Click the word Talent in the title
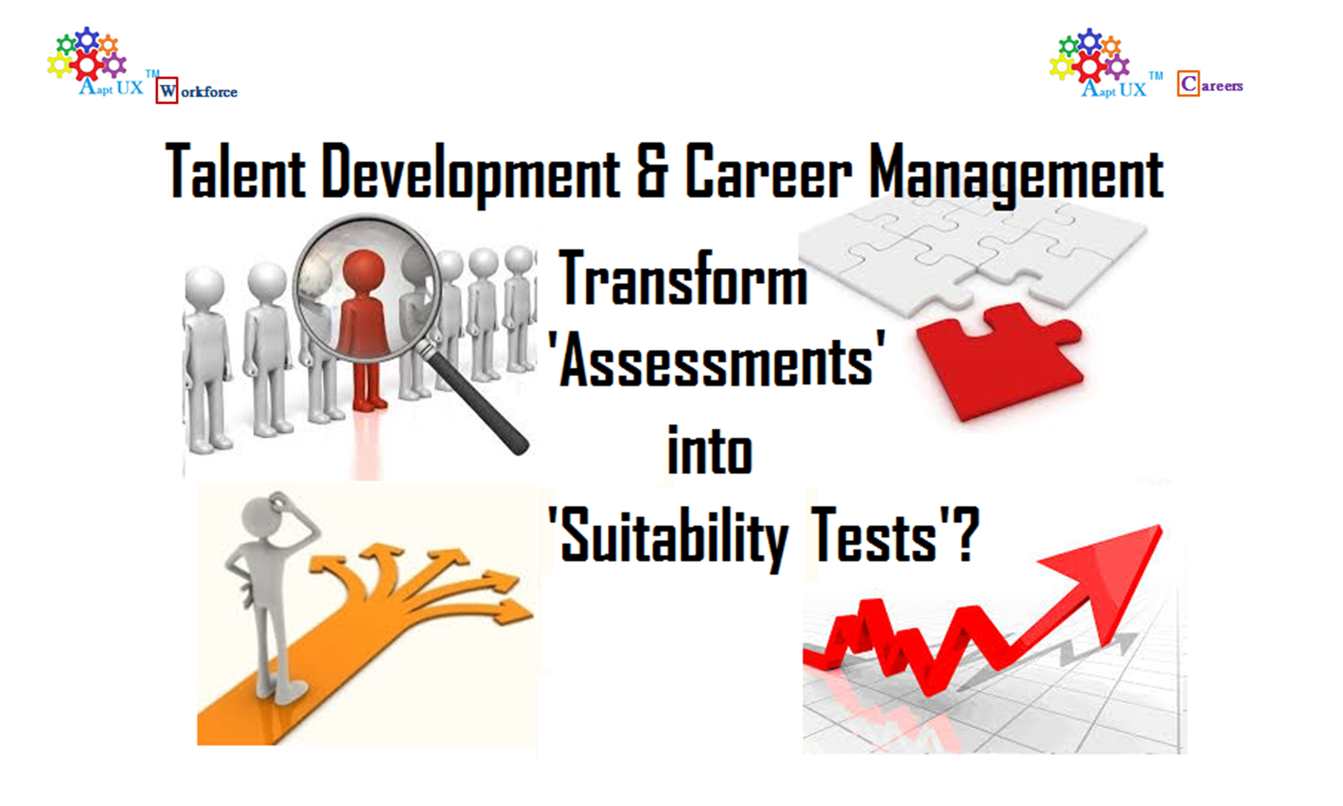coord(236,171)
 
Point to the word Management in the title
coord(1016,173)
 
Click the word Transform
coord(683,278)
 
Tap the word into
coord(710,449)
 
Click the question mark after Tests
coord(967,534)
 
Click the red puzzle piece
coord(999,360)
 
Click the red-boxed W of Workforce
coord(167,91)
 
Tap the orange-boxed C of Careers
coord(1188,83)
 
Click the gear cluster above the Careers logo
coord(1089,55)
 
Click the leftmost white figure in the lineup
coord(207,359)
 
